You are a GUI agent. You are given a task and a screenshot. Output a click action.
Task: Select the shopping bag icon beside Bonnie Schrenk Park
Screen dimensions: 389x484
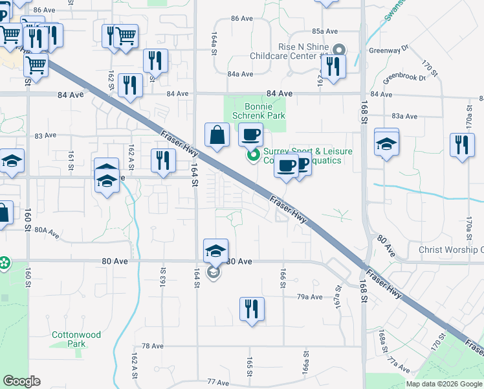(x=217, y=135)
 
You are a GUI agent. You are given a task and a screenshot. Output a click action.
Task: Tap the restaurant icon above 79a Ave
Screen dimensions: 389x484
(x=252, y=309)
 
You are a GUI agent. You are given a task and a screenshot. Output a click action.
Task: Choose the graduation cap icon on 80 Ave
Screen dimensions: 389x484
(x=215, y=251)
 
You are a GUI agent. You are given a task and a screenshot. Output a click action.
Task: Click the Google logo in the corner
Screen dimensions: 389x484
(x=22, y=381)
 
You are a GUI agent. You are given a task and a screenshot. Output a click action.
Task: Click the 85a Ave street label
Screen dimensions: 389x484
(x=325, y=31)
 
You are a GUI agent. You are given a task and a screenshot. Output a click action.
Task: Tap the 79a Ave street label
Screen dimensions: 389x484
(x=309, y=297)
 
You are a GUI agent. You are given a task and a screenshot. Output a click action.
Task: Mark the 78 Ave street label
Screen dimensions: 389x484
(x=153, y=346)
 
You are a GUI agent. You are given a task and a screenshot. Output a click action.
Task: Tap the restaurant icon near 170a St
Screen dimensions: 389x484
(x=461, y=145)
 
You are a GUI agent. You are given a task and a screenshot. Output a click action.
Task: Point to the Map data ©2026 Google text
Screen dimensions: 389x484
(x=444, y=384)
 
